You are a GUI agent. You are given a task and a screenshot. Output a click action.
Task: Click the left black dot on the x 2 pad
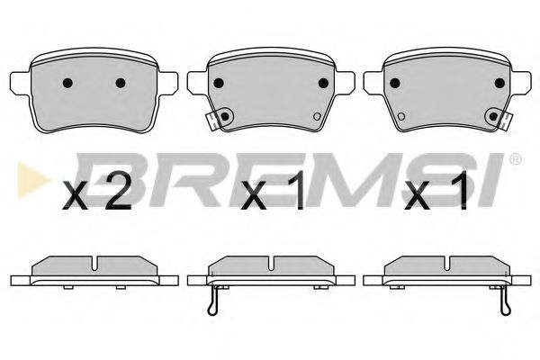(67, 84)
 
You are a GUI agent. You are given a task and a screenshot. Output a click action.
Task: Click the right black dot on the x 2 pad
(121, 84)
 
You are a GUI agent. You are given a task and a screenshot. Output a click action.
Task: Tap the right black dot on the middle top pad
(322, 81)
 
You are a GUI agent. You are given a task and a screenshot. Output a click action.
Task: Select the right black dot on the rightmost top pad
(499, 81)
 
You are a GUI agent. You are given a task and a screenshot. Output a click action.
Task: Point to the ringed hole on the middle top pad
(226, 114)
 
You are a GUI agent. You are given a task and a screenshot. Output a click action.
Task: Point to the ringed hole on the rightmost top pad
(492, 114)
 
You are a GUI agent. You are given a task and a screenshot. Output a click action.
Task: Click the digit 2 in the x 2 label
(118, 195)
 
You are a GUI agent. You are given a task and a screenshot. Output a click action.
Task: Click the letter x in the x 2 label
(78, 198)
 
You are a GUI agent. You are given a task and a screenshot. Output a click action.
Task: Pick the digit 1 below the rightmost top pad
(459, 195)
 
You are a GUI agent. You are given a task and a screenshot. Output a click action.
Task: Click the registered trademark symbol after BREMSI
(515, 159)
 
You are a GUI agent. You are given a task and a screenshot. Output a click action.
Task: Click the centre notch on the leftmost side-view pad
(94, 265)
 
